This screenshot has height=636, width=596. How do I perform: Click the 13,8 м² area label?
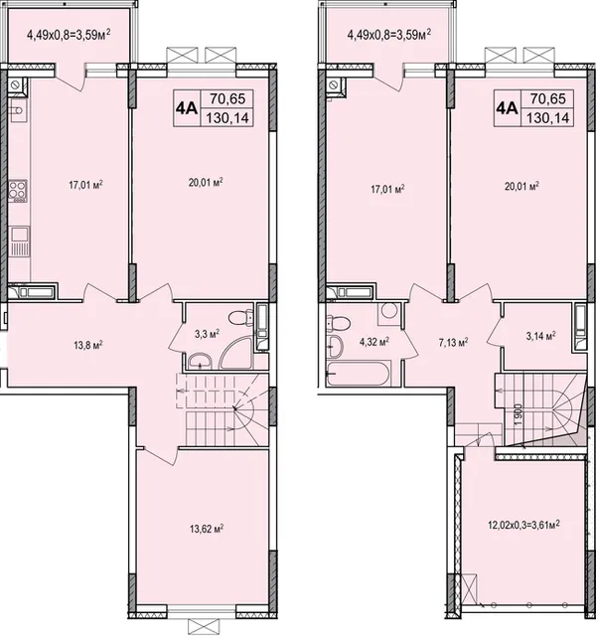pyautogui.click(x=88, y=345)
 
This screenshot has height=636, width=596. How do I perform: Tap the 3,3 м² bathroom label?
pyautogui.click(x=208, y=334)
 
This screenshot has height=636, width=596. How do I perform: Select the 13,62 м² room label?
pyautogui.click(x=207, y=529)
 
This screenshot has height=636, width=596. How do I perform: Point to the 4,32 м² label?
pyautogui.click(x=373, y=342)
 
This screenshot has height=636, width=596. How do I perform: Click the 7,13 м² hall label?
pyautogui.click(x=453, y=343)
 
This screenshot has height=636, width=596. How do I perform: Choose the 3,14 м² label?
pyautogui.click(x=540, y=336)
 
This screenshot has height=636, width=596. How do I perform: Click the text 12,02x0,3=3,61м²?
pyautogui.click(x=523, y=525)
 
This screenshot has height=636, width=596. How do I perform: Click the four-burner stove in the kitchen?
pyautogui.click(x=18, y=191)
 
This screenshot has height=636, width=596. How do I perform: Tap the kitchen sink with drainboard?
pyautogui.click(x=19, y=241)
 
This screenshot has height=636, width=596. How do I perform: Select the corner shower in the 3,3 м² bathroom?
pyautogui.click(x=236, y=352)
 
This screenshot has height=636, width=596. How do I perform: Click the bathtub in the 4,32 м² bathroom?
pyautogui.click(x=359, y=373)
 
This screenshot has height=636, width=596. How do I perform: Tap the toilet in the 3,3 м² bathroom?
pyautogui.click(x=240, y=317)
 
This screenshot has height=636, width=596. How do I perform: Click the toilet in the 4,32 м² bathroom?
pyautogui.click(x=339, y=323)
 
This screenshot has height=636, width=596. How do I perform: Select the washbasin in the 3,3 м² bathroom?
pyautogui.click(x=200, y=360)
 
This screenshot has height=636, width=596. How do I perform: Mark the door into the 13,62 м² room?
pyautogui.click(x=157, y=454)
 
